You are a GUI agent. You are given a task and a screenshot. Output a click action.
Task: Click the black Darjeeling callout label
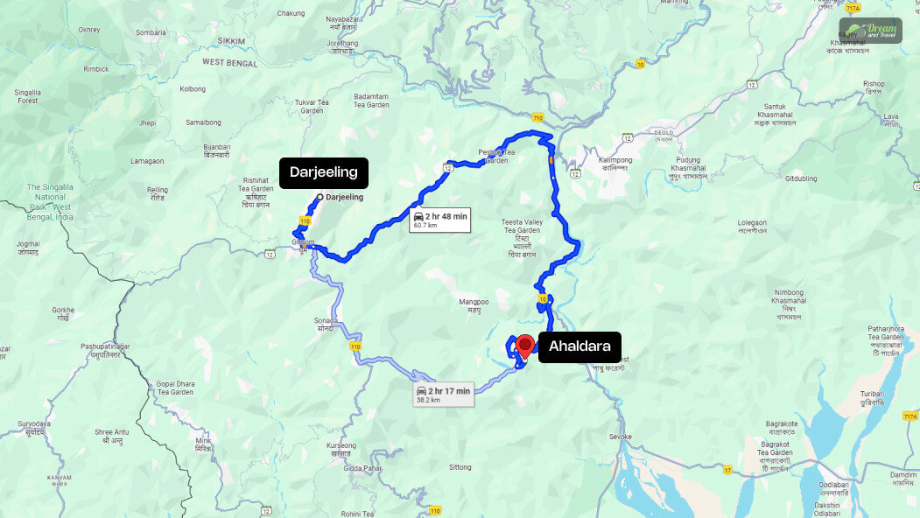(324, 172)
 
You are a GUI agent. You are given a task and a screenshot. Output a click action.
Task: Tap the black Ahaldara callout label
(579, 347)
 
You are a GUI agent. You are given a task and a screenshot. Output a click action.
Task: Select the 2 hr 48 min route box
(440, 220)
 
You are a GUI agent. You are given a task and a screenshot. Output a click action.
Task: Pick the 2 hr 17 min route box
(444, 393)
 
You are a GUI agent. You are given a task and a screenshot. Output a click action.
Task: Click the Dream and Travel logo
(869, 31)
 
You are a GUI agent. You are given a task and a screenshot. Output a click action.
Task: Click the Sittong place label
(460, 467)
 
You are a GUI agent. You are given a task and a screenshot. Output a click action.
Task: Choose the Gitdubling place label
(800, 178)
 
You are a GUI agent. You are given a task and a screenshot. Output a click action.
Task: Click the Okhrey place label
(88, 29)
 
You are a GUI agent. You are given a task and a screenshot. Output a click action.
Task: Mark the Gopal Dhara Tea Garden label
(174, 388)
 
